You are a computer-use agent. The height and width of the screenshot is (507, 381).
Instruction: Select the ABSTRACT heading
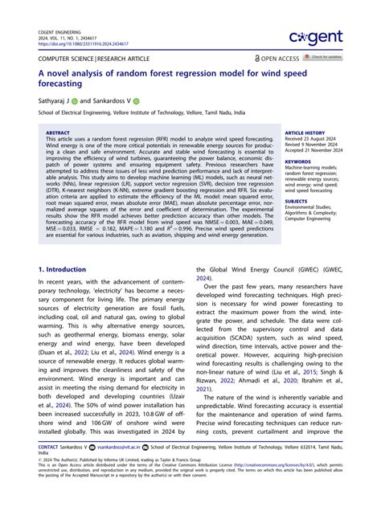59,133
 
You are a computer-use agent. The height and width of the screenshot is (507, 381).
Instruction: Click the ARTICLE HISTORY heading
305,132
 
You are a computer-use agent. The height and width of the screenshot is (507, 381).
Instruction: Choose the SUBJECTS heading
297,201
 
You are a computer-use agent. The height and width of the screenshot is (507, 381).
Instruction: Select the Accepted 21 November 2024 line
316,151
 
